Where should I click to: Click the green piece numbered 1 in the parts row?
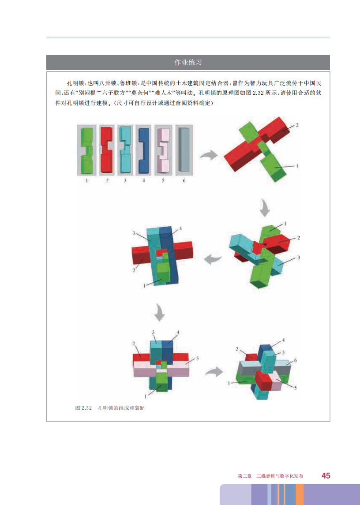tap(86, 150)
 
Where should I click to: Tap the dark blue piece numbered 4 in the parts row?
tap(144, 151)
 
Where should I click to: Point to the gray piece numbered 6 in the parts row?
tap(184, 150)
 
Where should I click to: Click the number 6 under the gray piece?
tap(184, 181)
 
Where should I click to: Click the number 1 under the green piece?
tap(86, 181)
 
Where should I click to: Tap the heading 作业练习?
tap(188, 63)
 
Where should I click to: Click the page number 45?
tap(326, 476)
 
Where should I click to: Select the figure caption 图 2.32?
tap(83, 408)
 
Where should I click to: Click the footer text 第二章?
tap(244, 476)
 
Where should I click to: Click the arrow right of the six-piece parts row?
tap(209, 155)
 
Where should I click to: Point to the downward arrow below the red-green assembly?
tap(265, 208)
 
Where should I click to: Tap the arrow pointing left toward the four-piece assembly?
tap(213, 258)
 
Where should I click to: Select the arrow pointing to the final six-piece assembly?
tap(214, 372)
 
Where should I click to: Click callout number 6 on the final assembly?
tap(295, 360)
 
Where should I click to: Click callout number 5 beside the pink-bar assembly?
tap(198, 358)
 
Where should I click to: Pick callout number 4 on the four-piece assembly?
tap(180, 228)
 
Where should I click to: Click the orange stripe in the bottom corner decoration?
tap(300, 494)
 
